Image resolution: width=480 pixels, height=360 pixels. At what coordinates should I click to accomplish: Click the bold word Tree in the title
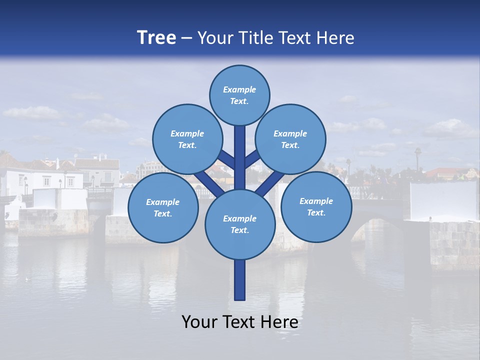tap(156, 37)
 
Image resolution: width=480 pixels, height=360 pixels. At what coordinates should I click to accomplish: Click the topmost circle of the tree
tap(239, 95)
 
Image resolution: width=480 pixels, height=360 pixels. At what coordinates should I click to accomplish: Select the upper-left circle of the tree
tap(187, 139)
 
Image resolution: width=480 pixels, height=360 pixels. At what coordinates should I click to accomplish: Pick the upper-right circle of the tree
tap(290, 139)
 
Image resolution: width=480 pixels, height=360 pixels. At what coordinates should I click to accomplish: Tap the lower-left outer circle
tap(163, 208)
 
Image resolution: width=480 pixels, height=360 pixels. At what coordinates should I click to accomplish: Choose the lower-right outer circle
tap(316, 207)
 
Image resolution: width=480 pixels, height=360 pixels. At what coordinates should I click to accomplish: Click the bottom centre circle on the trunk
tap(240, 224)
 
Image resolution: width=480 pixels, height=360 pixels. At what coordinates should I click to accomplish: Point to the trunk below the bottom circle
tap(240, 280)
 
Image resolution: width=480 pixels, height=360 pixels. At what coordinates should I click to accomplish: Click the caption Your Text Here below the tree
tap(240, 322)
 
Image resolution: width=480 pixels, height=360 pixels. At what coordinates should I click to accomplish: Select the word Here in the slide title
tap(335, 38)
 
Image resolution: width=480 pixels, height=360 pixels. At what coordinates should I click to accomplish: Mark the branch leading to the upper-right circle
tap(252, 159)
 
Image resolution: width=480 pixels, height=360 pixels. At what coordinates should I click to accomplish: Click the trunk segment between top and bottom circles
tap(240, 157)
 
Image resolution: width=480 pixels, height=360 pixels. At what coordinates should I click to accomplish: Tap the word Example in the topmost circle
tap(239, 89)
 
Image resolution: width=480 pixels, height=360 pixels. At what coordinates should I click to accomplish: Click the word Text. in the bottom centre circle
tap(239, 230)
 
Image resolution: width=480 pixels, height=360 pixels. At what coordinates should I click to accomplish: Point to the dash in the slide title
tap(186, 38)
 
